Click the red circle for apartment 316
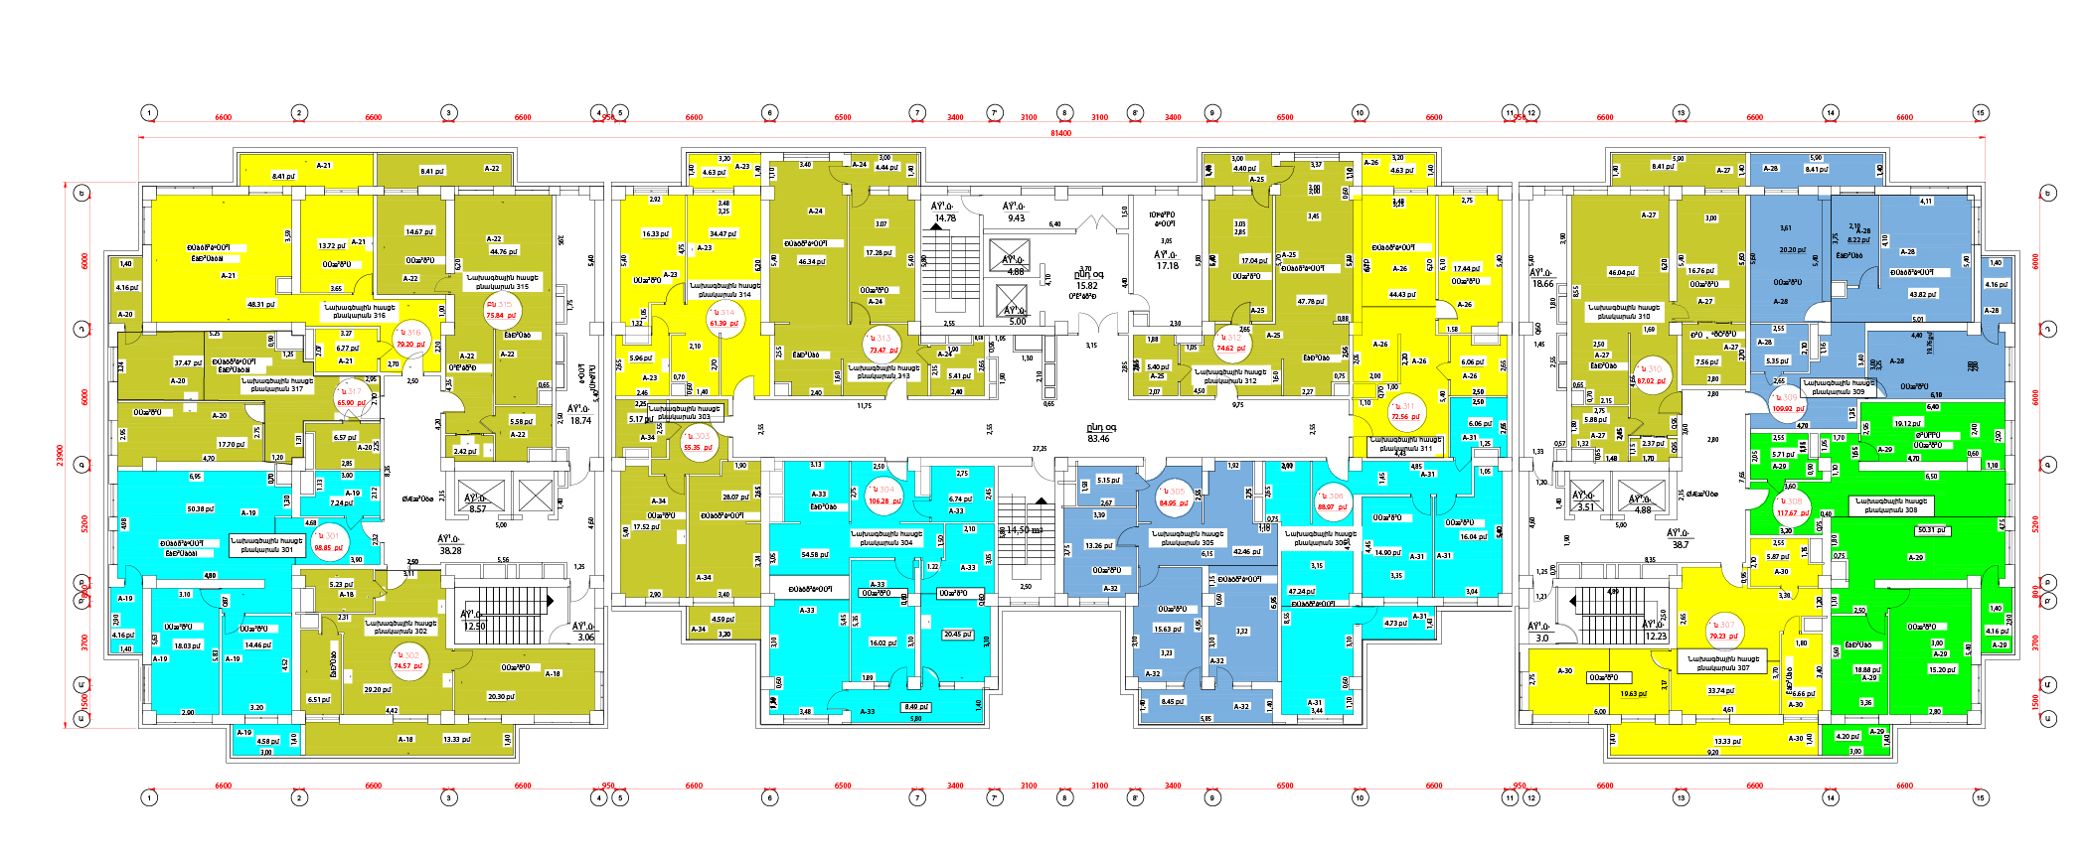tap(409, 338)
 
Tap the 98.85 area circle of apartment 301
tap(328, 541)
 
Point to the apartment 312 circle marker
tap(1231, 343)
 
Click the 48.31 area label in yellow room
tap(260, 304)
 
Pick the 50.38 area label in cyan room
tap(200, 508)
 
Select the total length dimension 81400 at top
tap(1060, 133)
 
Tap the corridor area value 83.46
tap(1099, 438)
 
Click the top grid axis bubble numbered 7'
tap(994, 113)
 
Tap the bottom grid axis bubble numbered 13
tap(1681, 797)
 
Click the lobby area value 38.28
tap(450, 550)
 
